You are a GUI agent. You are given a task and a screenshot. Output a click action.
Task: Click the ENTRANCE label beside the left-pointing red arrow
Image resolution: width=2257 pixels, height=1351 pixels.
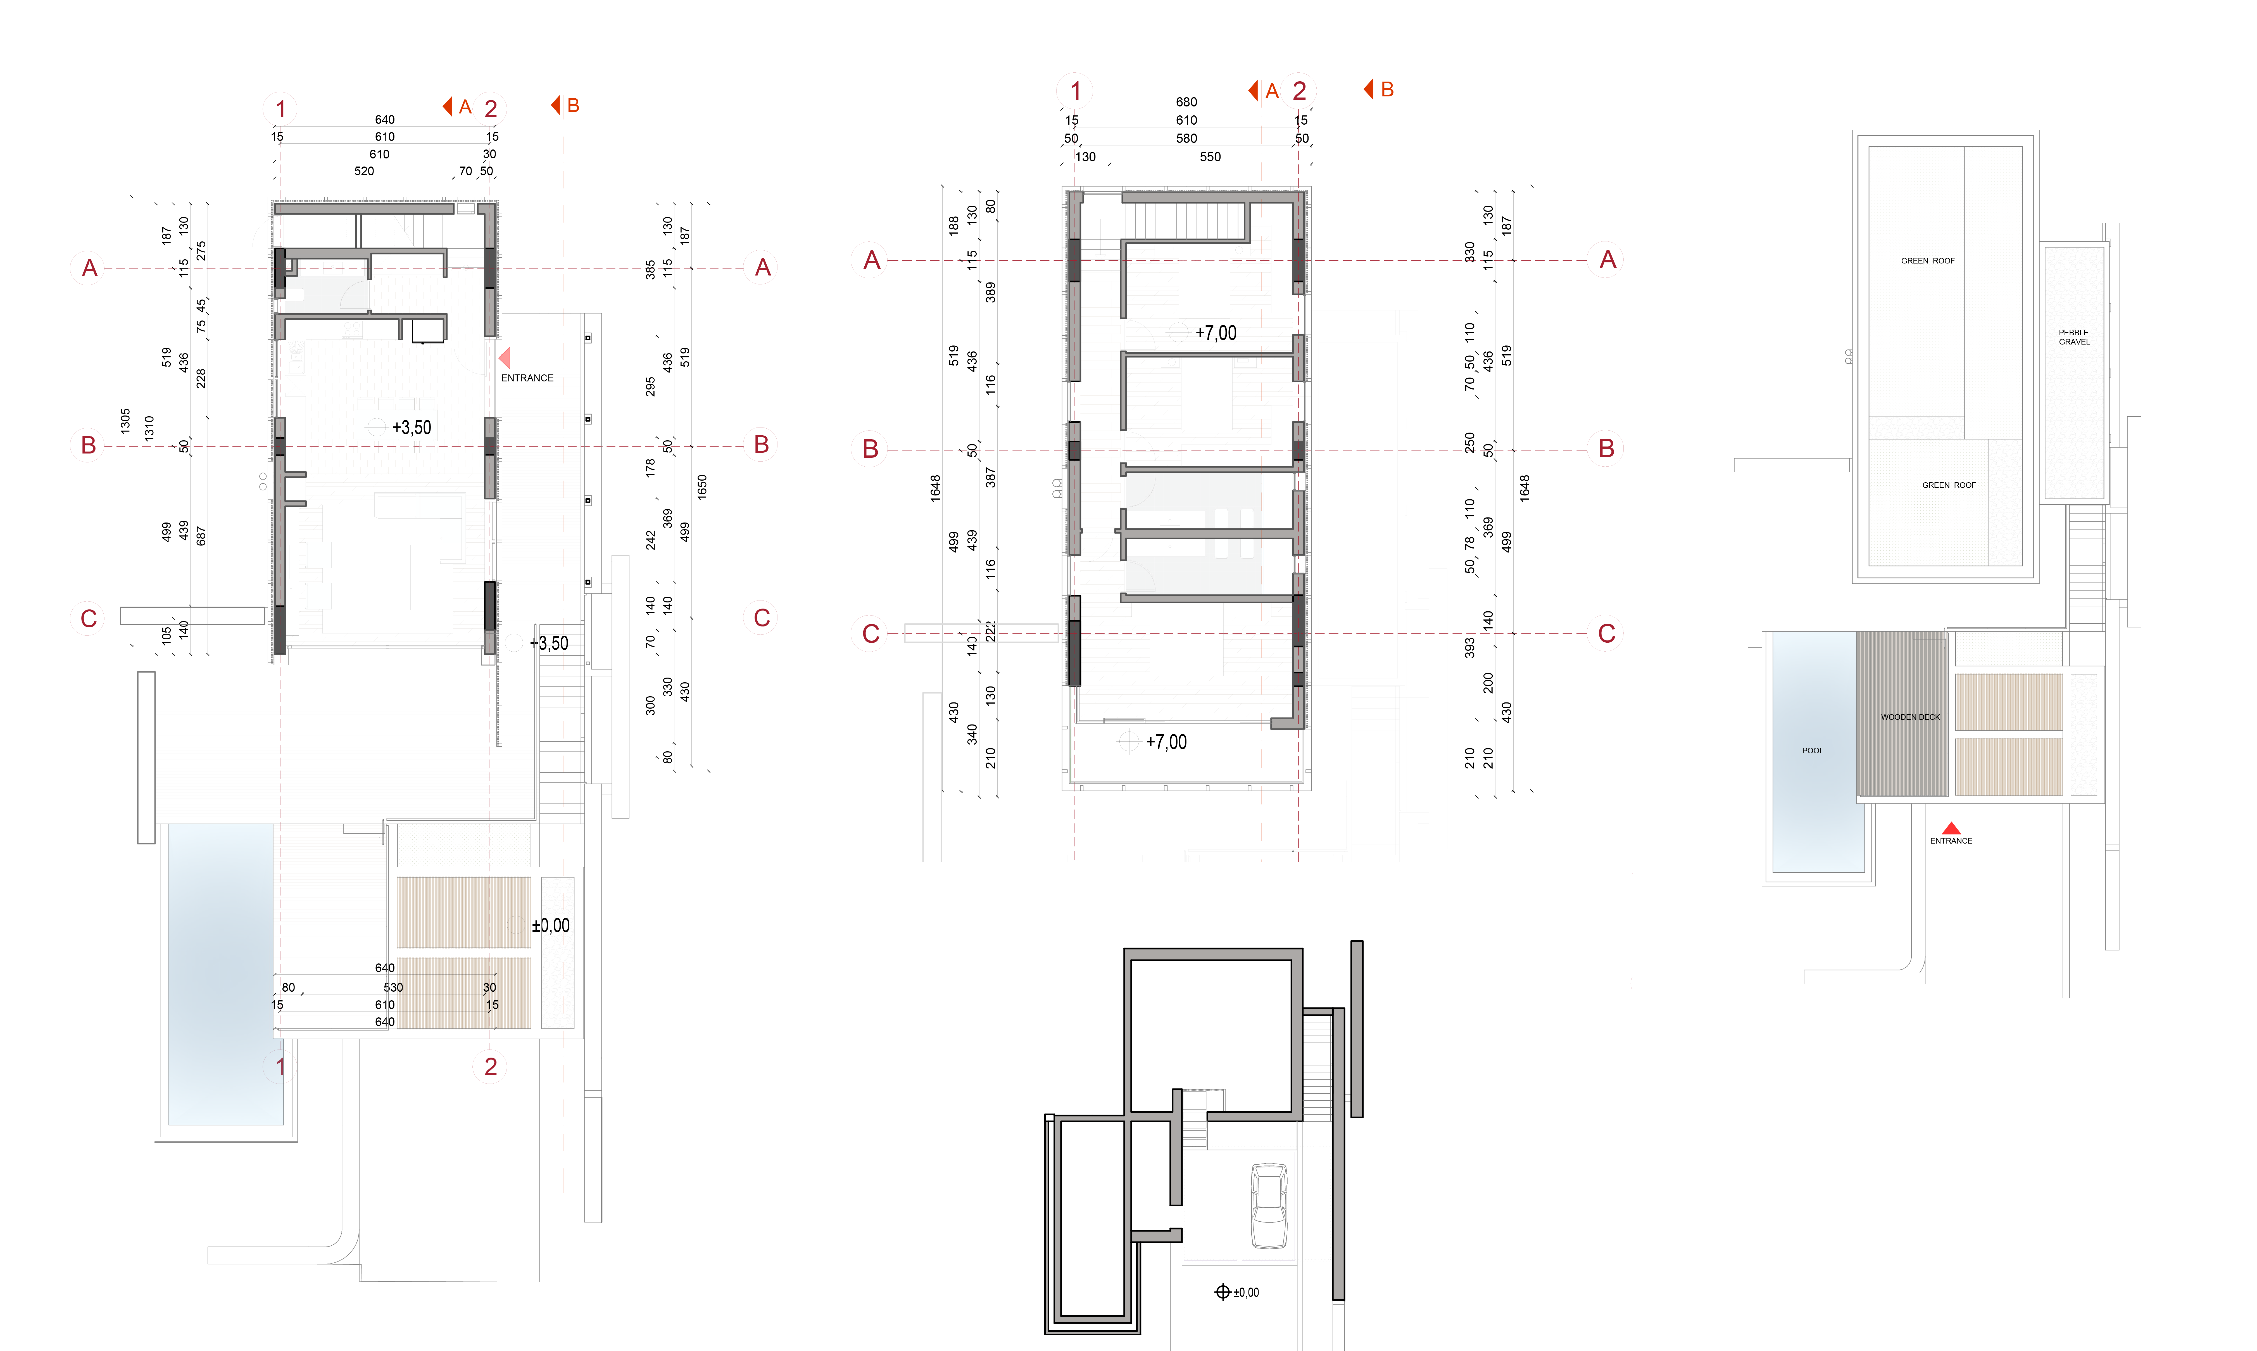pos(527,378)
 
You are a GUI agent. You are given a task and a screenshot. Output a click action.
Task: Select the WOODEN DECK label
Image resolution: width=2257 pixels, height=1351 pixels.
pos(1910,717)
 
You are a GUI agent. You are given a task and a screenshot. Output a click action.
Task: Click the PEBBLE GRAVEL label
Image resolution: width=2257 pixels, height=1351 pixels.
pos(2074,337)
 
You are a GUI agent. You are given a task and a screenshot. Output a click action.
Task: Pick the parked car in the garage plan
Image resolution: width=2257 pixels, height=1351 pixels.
pos(1269,1205)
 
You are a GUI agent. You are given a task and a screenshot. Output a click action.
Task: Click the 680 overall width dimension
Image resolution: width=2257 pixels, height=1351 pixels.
pos(1186,102)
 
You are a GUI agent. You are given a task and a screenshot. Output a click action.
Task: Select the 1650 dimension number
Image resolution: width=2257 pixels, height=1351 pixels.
pos(702,487)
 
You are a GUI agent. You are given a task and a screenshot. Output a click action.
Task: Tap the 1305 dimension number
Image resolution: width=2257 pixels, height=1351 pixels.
pos(125,421)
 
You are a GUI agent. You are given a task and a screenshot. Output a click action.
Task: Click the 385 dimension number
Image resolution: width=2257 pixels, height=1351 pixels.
pos(650,270)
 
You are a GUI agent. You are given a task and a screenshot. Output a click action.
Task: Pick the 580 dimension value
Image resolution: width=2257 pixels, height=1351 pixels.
pos(1186,138)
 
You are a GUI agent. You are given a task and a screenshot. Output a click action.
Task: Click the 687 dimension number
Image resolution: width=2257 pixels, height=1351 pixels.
pos(201,536)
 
